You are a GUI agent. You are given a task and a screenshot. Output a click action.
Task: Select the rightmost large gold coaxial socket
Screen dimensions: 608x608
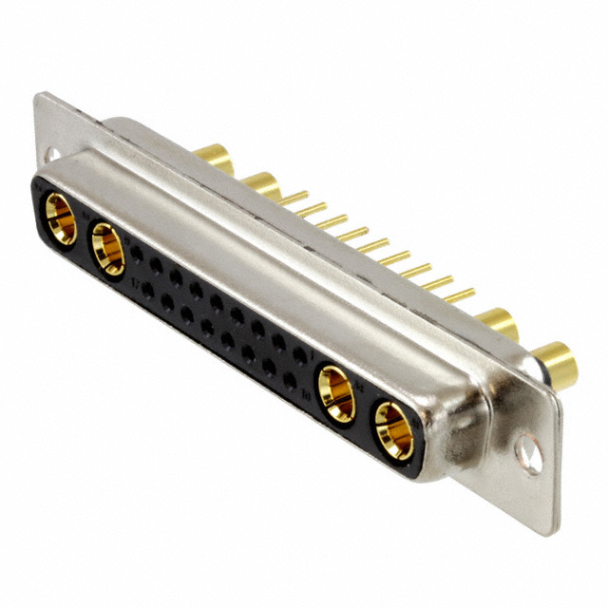[392, 429]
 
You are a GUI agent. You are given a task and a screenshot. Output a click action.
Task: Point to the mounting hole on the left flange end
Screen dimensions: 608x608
[52, 152]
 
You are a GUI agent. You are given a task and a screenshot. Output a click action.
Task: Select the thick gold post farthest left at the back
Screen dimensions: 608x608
[217, 157]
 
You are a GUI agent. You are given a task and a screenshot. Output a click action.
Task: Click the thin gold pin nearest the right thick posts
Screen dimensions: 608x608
[460, 295]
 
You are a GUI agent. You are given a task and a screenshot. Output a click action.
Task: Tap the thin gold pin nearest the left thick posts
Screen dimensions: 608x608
[294, 199]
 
